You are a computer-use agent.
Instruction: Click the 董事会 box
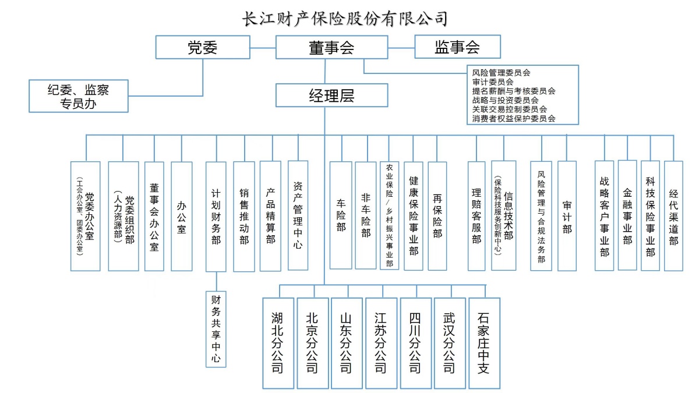pyautogui.click(x=331, y=47)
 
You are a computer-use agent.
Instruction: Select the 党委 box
pyautogui.click(x=203, y=47)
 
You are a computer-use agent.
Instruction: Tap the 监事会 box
pyautogui.click(x=457, y=47)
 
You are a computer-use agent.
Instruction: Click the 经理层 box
pyautogui.click(x=331, y=95)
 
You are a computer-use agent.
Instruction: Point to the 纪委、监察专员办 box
pyautogui.click(x=79, y=96)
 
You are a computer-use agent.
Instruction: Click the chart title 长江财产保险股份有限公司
pyautogui.click(x=345, y=19)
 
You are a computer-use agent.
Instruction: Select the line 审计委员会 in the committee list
pyautogui.click(x=493, y=82)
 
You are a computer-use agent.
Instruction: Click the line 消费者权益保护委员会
pyautogui.click(x=514, y=118)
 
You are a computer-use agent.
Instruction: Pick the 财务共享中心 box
pyautogui.click(x=216, y=329)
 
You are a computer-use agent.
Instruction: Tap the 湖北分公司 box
pyautogui.click(x=278, y=343)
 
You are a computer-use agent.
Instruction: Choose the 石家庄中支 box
pyautogui.click(x=483, y=343)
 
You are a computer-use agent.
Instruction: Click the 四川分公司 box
pyautogui.click(x=415, y=343)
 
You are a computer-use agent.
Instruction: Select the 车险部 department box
pyautogui.click(x=341, y=215)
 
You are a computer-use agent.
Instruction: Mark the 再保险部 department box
pyautogui.click(x=437, y=215)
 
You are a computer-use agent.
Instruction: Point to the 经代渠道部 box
pyautogui.click(x=673, y=215)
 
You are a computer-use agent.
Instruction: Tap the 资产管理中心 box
pyautogui.click(x=298, y=215)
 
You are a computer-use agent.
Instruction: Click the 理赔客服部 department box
pyautogui.click(x=476, y=216)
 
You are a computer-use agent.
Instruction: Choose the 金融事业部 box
pyautogui.click(x=627, y=215)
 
